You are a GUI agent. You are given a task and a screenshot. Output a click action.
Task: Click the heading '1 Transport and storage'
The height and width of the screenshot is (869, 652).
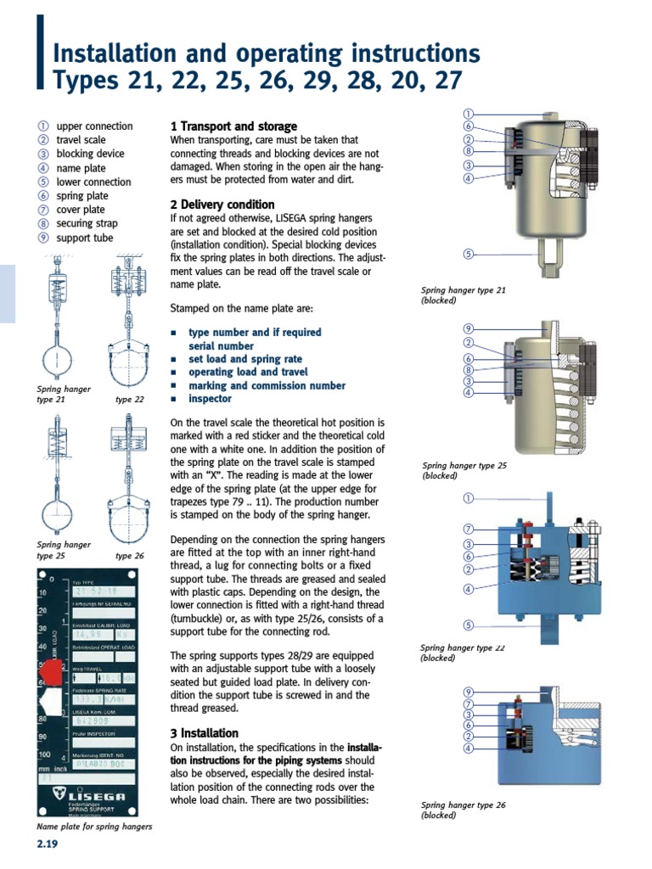pyautogui.click(x=234, y=126)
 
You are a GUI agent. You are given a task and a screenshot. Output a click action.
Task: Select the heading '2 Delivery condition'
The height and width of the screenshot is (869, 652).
pyautogui.click(x=222, y=205)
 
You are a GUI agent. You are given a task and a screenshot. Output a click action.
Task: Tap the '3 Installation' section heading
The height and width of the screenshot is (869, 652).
pyautogui.click(x=205, y=732)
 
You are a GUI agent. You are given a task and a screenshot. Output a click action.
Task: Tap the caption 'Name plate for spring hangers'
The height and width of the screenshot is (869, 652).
pyautogui.click(x=94, y=826)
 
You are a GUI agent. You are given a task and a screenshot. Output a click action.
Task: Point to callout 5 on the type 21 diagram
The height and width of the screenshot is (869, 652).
pyautogui.click(x=467, y=254)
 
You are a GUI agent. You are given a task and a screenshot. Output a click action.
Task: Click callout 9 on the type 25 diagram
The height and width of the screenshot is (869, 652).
pyautogui.click(x=467, y=328)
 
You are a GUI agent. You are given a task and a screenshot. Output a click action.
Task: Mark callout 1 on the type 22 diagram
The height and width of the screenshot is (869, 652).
pyautogui.click(x=467, y=496)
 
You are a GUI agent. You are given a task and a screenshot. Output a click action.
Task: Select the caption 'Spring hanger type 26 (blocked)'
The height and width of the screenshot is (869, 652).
pyautogui.click(x=463, y=810)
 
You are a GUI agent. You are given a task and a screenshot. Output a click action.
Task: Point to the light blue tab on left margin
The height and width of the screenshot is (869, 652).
pyautogui.click(x=8, y=293)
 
